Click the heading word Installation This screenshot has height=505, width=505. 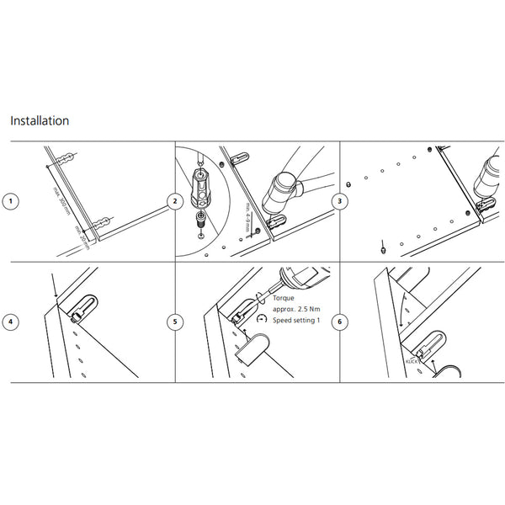(x=40, y=120)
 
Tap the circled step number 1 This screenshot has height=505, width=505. (x=10, y=202)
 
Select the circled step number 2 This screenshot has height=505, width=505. (x=174, y=202)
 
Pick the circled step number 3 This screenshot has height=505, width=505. (x=339, y=202)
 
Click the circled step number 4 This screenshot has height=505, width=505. (x=10, y=322)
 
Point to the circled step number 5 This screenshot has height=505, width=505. (x=174, y=322)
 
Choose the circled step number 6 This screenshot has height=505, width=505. (x=339, y=322)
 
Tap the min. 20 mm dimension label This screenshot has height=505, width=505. (x=82, y=235)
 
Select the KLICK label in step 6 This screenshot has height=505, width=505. (x=412, y=360)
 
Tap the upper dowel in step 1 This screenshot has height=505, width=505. (x=67, y=157)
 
